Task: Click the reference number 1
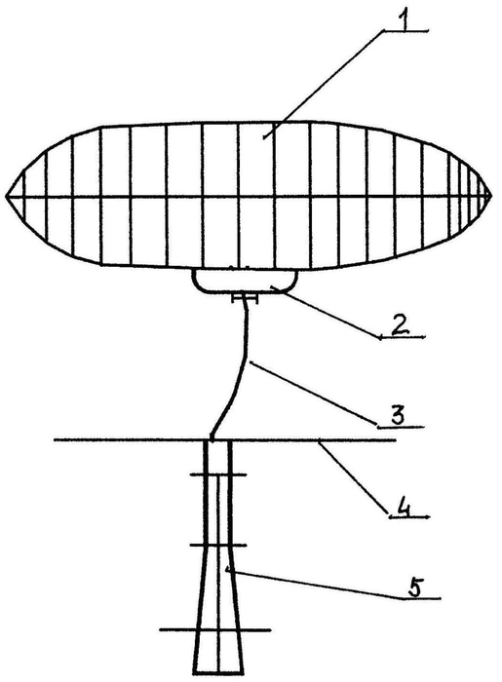coord(404,20)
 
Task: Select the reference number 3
coord(398,414)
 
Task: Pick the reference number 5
coord(415,588)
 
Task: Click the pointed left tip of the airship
coord(7,196)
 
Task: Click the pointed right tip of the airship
coord(491,197)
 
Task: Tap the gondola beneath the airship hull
coord(245,282)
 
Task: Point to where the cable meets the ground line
coord(212,439)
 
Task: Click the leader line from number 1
coord(325,85)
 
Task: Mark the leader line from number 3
coord(312,392)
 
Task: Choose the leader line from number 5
coord(313,584)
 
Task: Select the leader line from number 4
coord(353,478)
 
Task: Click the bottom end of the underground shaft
coord(218,673)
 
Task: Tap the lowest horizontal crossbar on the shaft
coord(215,629)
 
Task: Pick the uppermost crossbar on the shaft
coord(218,474)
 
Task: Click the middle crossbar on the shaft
coord(218,545)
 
